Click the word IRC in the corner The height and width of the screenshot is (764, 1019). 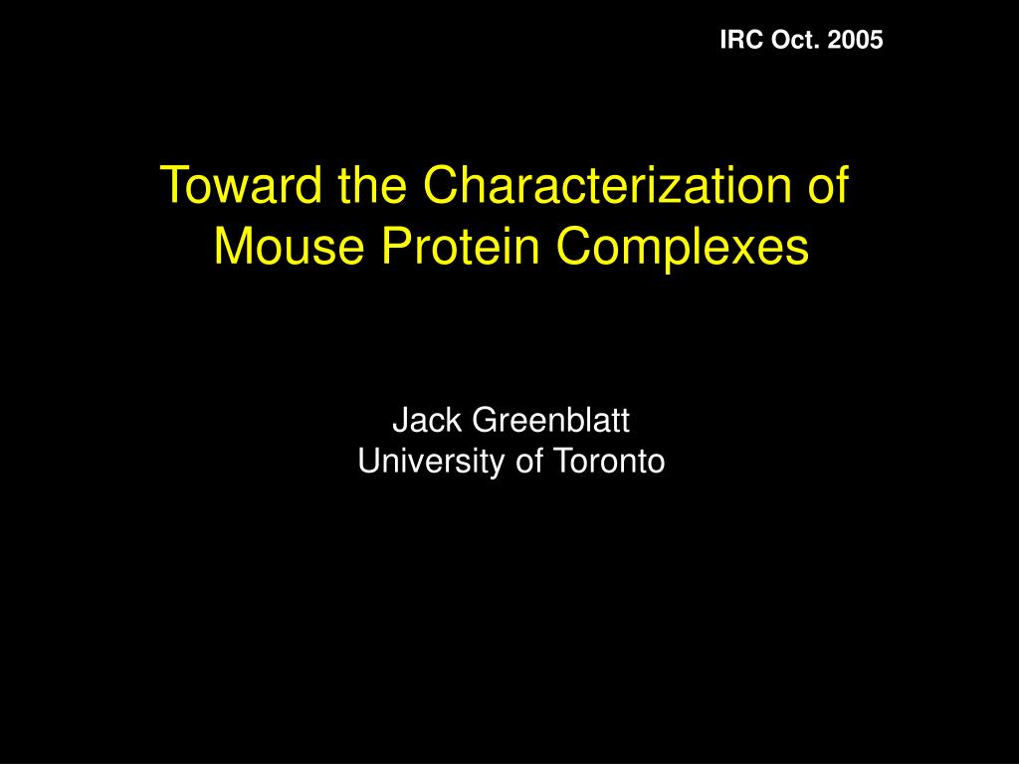pos(738,40)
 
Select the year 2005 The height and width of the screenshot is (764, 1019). pos(855,40)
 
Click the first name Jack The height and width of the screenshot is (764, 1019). pos(427,422)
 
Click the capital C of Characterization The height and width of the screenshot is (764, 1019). pos(443,185)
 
